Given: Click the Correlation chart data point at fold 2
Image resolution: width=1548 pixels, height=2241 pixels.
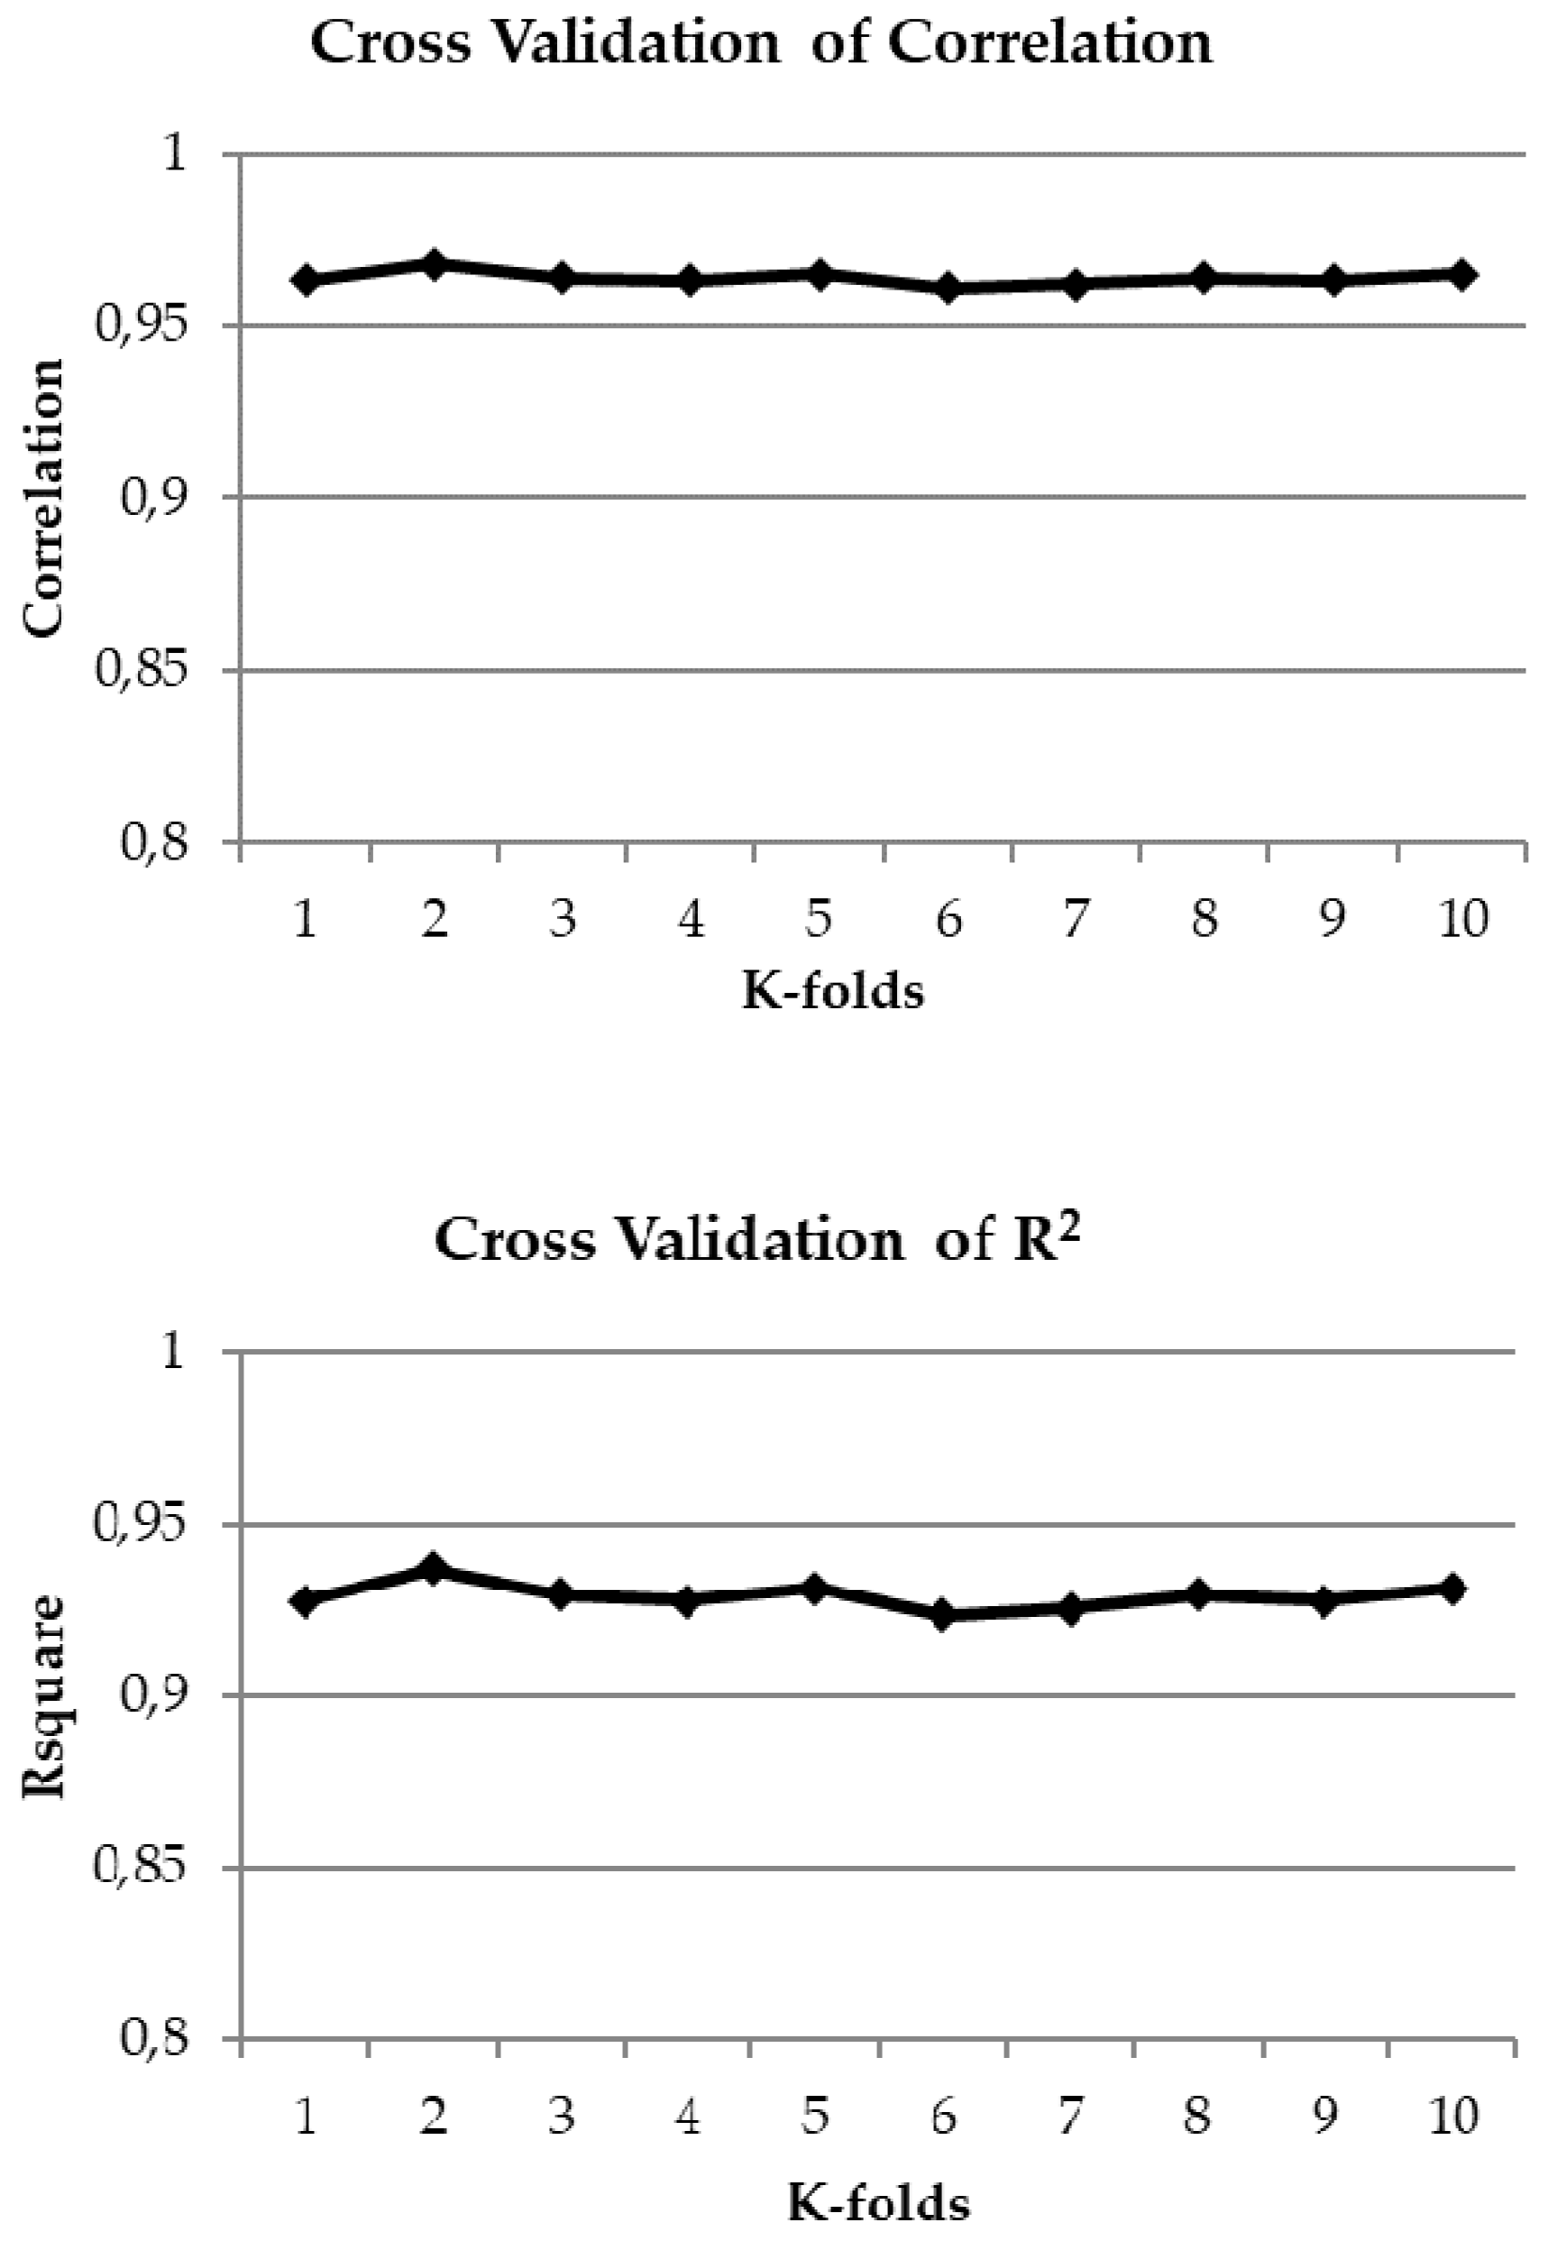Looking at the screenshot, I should [435, 263].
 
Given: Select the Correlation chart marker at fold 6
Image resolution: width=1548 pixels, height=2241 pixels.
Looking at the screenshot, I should [948, 289].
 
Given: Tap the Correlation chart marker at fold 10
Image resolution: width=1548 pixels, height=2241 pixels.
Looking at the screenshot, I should [1461, 274].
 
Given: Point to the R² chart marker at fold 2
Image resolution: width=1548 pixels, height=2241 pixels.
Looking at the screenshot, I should [434, 1567].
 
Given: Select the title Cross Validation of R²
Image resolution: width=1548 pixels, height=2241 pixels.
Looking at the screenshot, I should [756, 1240].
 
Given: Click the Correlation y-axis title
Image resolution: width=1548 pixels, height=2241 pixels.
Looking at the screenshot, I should [43, 498].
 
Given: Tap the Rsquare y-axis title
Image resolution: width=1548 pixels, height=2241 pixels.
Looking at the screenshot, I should [43, 1695].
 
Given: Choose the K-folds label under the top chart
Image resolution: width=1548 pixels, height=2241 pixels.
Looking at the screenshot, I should [833, 990].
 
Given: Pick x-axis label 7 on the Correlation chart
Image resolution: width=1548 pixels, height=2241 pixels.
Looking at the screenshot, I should [1075, 918].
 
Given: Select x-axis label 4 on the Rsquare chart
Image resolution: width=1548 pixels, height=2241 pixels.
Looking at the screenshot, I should [688, 2116].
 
